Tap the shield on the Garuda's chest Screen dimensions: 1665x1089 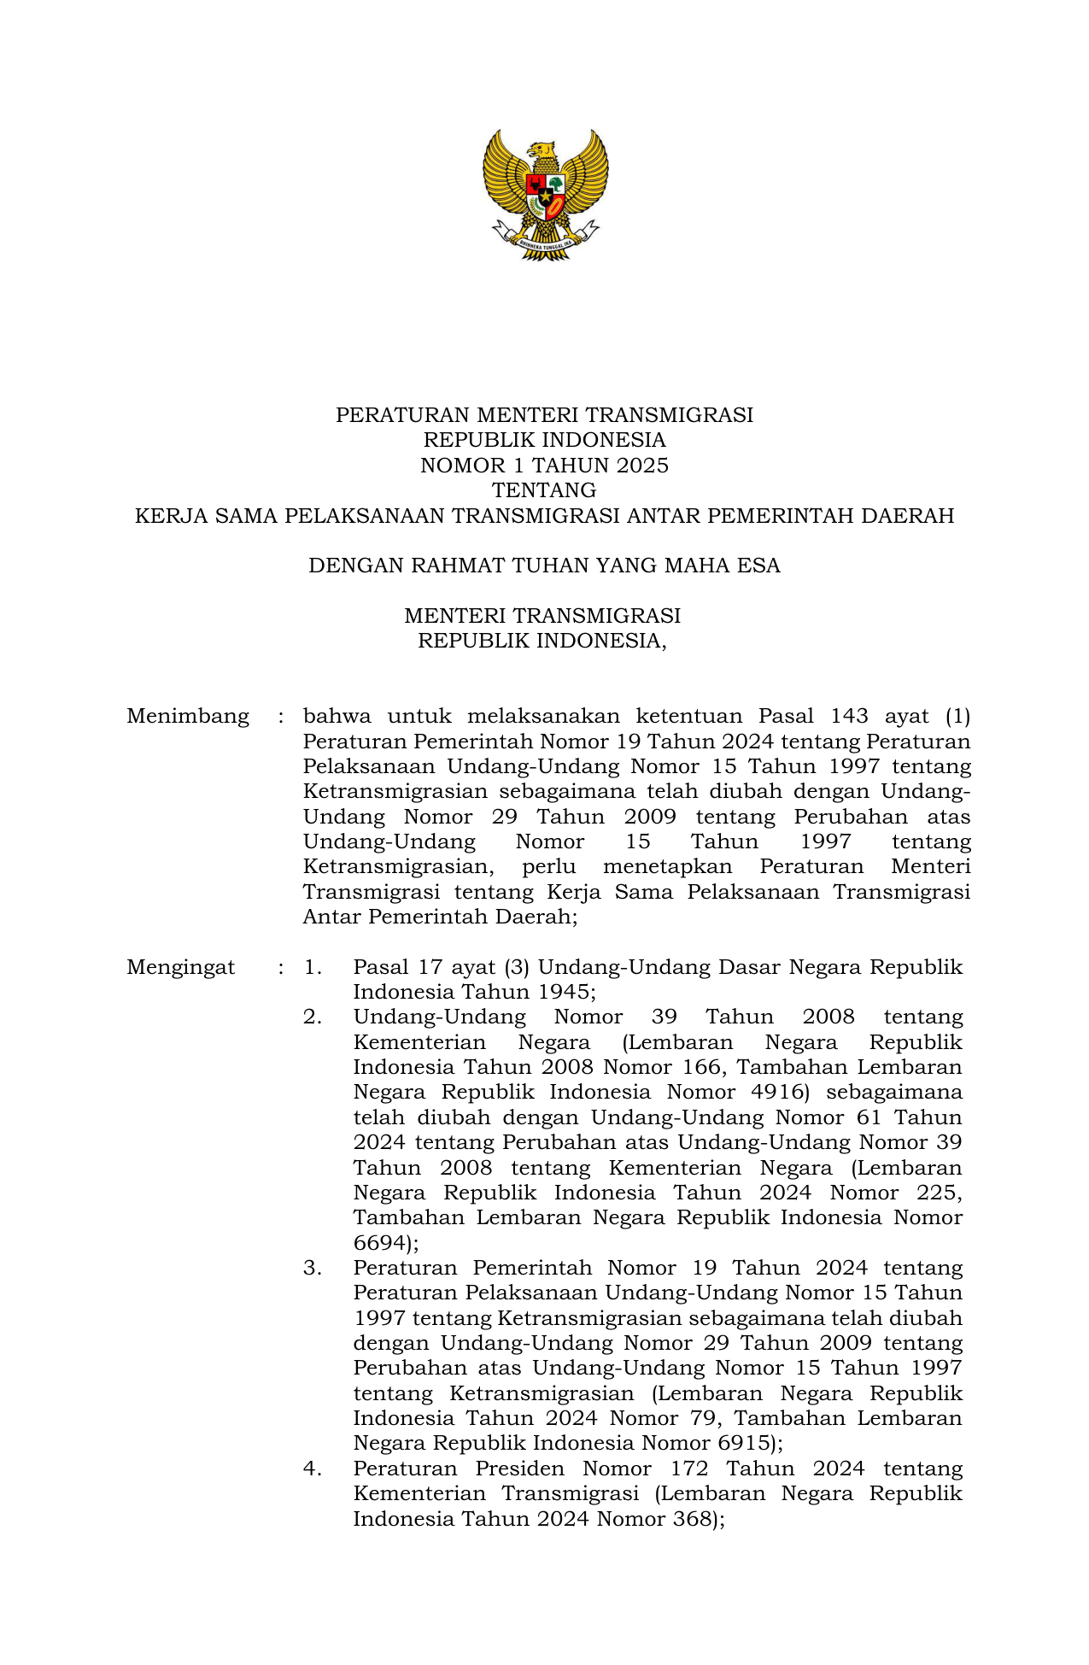[544, 195]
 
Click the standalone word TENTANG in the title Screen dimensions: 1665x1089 [544, 490]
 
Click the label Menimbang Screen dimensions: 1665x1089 [188, 716]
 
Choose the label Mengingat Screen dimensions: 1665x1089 [181, 967]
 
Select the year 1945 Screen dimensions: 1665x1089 [563, 992]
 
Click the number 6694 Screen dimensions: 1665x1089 [378, 1242]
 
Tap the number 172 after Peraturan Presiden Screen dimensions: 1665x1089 [689, 1469]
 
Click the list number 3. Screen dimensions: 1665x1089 [313, 1268]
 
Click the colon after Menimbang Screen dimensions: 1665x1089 [280, 716]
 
